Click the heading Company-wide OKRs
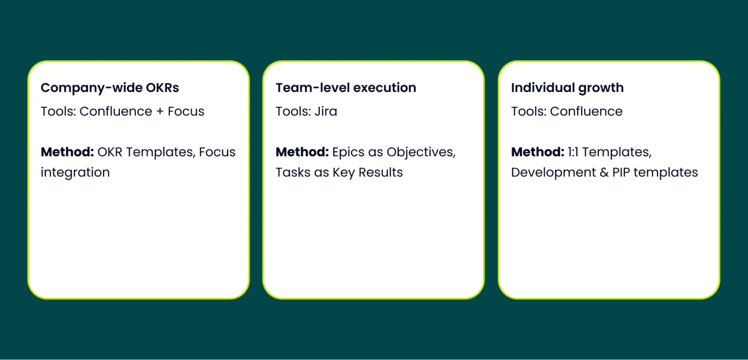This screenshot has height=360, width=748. click(x=110, y=88)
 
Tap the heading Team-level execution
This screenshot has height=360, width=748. click(x=346, y=88)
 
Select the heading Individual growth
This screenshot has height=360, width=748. click(x=567, y=88)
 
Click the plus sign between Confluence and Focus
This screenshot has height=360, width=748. click(x=160, y=112)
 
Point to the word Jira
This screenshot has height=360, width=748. click(x=326, y=111)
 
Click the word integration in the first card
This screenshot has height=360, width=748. click(x=75, y=173)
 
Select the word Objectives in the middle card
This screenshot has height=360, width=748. click(x=421, y=152)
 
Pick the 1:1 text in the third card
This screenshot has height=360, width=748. click(x=573, y=152)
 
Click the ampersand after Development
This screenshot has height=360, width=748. click(x=604, y=173)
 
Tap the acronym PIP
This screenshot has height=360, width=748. click(x=621, y=173)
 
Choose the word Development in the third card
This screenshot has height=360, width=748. click(x=553, y=173)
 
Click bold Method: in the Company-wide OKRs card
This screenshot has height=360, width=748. click(x=67, y=152)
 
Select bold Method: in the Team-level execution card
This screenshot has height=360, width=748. click(x=302, y=152)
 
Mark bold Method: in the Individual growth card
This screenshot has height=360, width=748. click(x=538, y=152)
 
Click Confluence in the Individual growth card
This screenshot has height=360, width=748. click(x=586, y=111)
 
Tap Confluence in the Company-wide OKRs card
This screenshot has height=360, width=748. click(x=116, y=111)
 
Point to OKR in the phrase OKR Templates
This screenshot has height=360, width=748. click(x=110, y=152)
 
